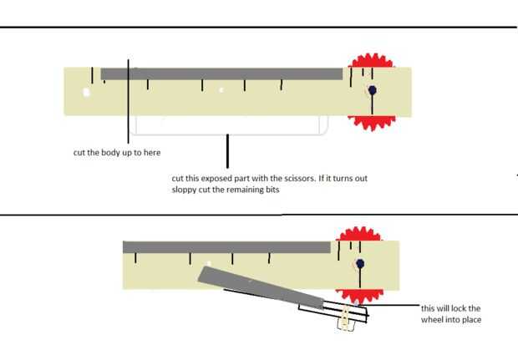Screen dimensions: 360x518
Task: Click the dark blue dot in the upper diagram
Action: click(373, 90)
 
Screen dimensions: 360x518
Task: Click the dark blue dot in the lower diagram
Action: click(360, 264)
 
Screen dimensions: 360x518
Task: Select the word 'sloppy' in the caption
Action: click(185, 190)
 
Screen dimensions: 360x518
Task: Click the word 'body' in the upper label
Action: click(112, 153)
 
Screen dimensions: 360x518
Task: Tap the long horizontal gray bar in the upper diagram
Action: click(221, 74)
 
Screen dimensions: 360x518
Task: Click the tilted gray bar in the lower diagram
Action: click(259, 285)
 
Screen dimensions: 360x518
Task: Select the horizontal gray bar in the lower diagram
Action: click(226, 246)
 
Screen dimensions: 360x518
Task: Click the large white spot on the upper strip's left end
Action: click(86, 92)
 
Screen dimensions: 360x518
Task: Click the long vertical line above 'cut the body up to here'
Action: click(129, 100)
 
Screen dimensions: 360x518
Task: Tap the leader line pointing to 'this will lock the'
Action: click(393, 304)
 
